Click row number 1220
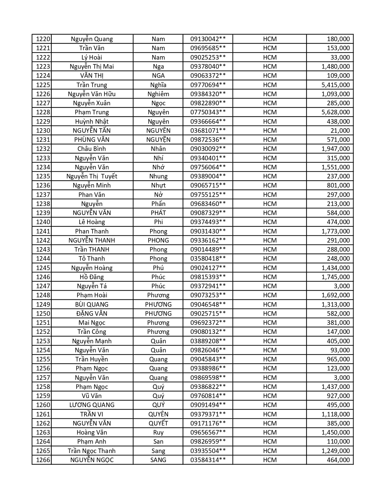click(43, 39)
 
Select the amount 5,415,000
click(335, 85)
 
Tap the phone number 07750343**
click(208, 112)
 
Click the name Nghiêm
click(158, 94)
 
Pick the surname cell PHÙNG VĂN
click(92, 140)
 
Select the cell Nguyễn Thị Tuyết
click(92, 176)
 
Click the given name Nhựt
click(158, 185)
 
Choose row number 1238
click(43, 204)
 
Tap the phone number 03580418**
click(208, 259)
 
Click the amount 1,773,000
click(335, 231)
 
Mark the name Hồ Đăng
click(92, 277)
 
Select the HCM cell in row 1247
click(270, 286)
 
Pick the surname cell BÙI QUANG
click(92, 305)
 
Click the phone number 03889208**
click(208, 341)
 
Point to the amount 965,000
click(338, 359)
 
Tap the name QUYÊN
click(158, 414)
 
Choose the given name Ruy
click(158, 432)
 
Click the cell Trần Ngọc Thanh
click(92, 451)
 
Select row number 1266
click(43, 460)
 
